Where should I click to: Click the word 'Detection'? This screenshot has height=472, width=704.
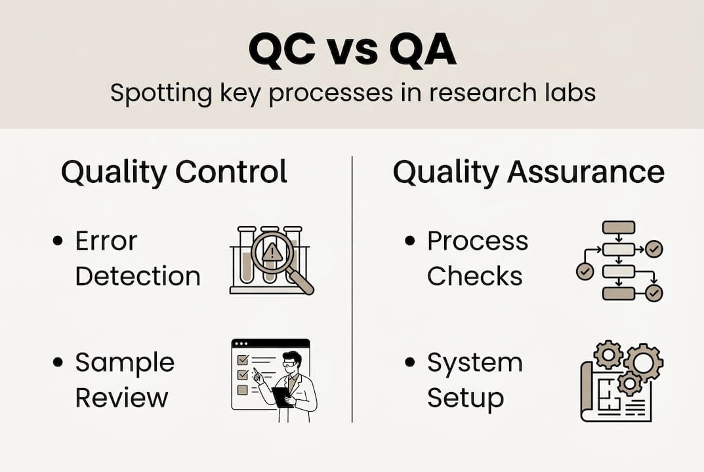(138, 275)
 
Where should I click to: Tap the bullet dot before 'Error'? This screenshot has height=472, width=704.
(58, 241)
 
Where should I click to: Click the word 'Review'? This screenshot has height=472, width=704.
(121, 397)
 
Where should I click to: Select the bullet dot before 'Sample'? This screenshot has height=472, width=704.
(58, 363)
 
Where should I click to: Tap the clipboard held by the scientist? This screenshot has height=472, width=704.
(283, 396)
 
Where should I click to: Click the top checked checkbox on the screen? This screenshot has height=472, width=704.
(241, 359)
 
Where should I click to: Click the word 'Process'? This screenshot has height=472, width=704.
(477, 241)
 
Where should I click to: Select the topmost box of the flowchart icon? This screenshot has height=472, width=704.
(618, 227)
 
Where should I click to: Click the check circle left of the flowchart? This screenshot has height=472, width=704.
(584, 271)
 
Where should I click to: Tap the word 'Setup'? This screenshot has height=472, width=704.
(465, 397)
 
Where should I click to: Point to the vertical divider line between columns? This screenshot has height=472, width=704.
(352, 288)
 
